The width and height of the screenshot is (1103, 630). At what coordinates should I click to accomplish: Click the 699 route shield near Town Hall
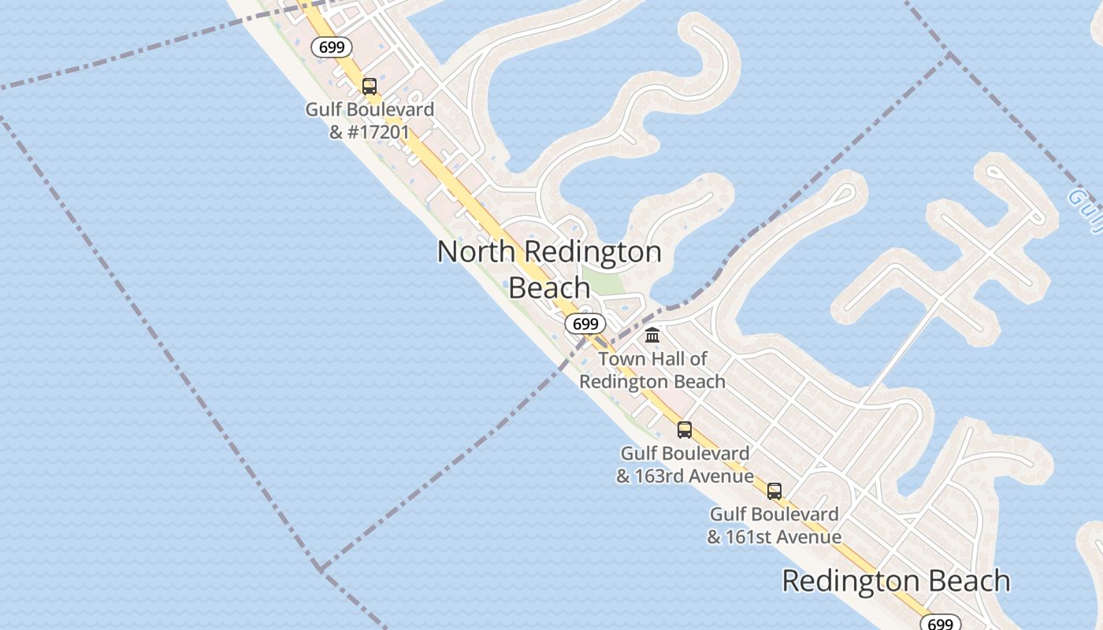coord(585,324)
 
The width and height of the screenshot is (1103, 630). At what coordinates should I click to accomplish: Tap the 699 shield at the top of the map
coord(332,47)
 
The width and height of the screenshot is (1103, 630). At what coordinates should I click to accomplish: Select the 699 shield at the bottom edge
coord(940,623)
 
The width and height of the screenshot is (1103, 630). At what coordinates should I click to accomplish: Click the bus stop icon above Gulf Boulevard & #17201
coord(370,87)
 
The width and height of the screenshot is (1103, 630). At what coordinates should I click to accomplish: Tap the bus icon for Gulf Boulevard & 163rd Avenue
coord(685,430)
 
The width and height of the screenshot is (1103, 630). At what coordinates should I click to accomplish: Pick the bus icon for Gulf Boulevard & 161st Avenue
coord(774,491)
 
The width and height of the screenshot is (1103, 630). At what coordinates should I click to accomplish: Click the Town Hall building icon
coord(652,335)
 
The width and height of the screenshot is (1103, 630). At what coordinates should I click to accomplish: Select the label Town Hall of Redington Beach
coord(652,370)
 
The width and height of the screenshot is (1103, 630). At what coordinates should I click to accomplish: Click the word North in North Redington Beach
coord(476,252)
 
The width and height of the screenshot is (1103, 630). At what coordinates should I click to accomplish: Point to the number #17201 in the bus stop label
coord(380,132)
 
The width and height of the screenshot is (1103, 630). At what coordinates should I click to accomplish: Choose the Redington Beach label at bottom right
coord(896,581)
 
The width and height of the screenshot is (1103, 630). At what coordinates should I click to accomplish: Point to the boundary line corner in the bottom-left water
coord(319,568)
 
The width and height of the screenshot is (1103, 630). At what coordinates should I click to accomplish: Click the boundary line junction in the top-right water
coord(950,54)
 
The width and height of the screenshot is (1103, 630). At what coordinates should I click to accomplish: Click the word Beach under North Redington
coord(549,287)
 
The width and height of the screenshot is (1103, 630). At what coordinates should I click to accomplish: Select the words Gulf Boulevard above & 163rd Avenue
coord(685,454)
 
